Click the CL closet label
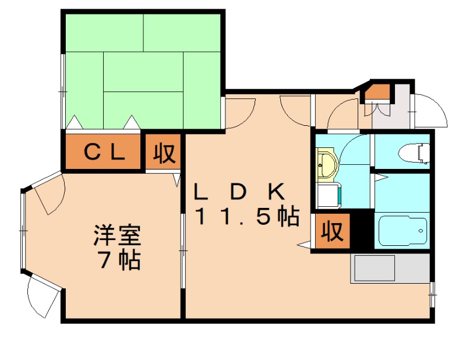click(104, 153)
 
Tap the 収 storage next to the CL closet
click(164, 153)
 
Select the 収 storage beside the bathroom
click(333, 232)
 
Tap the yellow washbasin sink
click(327, 165)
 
